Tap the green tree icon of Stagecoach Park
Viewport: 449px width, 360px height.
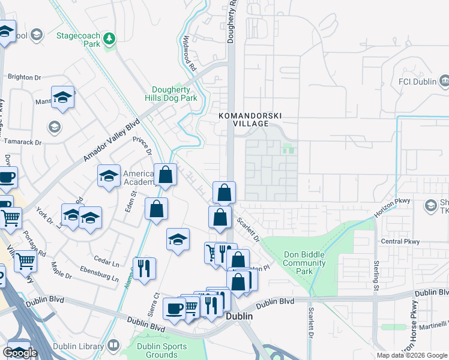coord(109,39)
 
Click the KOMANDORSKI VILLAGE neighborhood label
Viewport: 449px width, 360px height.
coord(250,119)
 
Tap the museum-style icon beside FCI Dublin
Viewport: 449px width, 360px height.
coord(445,80)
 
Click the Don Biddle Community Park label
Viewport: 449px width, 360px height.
coord(304,263)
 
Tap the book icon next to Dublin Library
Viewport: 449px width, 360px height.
coord(113,346)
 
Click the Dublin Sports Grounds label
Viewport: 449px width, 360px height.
coord(157,350)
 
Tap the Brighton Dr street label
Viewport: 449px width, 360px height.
coord(24,77)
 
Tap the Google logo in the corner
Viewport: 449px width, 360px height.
coord(20,353)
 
